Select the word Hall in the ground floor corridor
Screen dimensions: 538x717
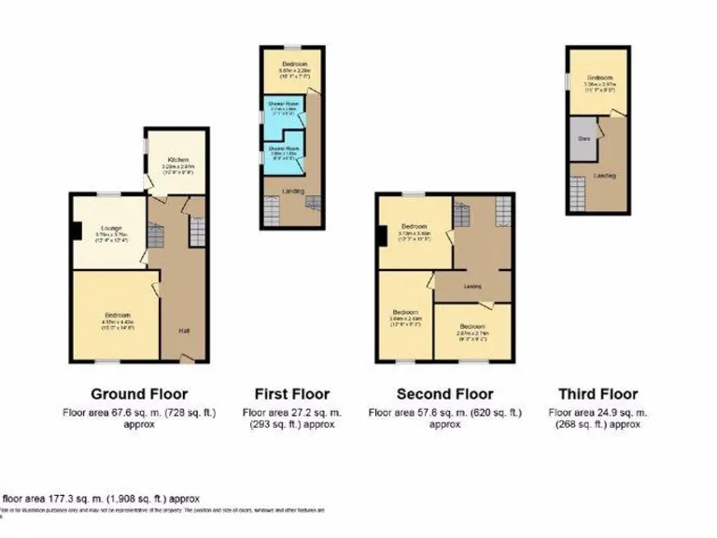[184, 330]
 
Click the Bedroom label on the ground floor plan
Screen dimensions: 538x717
[117, 315]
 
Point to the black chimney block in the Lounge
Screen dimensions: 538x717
[76, 229]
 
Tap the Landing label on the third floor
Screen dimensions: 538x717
[603, 175]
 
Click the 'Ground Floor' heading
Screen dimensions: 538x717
[139, 393]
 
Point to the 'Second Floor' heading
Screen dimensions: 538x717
[445, 393]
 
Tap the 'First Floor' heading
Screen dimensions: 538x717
[292, 393]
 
